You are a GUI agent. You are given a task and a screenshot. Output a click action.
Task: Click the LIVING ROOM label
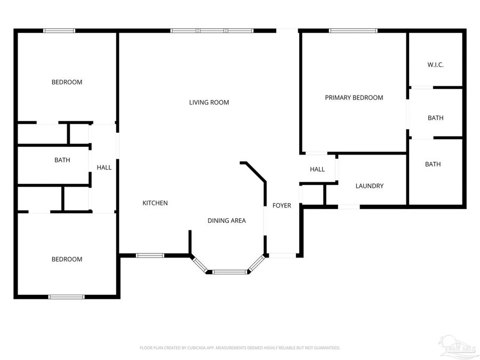[x=209, y=102]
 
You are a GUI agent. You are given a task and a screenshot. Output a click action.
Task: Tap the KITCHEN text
[x=155, y=203]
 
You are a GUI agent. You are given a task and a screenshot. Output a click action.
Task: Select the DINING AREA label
[x=226, y=220]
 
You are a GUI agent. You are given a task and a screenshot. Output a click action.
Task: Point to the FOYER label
[x=282, y=205]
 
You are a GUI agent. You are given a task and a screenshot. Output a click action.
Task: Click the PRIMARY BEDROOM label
[x=354, y=98]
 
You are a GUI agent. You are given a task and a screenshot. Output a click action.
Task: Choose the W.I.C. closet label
[x=435, y=65]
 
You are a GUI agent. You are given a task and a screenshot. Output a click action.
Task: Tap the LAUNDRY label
[x=369, y=186]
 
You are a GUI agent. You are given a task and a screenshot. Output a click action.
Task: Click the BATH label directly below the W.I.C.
[x=435, y=118]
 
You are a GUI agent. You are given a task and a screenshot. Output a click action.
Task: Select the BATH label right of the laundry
[x=433, y=164]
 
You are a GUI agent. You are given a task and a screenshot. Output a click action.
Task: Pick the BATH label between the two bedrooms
[x=62, y=160]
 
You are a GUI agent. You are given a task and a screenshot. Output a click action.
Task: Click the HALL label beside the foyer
[x=317, y=170]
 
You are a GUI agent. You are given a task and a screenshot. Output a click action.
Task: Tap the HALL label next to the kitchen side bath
[x=104, y=167]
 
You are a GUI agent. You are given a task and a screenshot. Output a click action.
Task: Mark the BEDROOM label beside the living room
[x=67, y=82]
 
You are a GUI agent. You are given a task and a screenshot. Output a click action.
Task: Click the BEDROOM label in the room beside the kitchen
[x=67, y=259]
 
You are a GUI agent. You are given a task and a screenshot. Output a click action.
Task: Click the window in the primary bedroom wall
[x=353, y=30]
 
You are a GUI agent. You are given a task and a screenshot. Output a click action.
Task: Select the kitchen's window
[x=150, y=255]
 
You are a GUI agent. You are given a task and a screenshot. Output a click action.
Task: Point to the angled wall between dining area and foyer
[x=254, y=172]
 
